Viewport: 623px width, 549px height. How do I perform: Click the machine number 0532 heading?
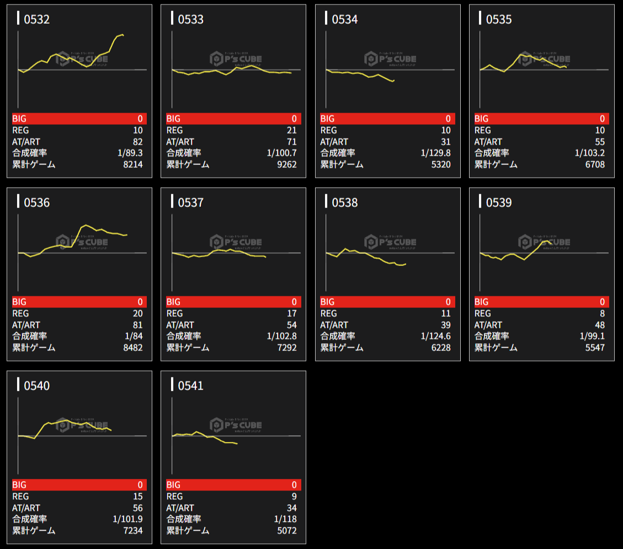click(x=36, y=20)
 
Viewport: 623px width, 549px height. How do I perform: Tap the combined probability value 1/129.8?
click(x=435, y=153)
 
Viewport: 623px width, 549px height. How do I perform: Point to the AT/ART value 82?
click(x=137, y=142)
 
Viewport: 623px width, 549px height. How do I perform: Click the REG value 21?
click(x=291, y=130)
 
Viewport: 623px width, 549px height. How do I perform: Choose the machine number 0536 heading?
click(x=36, y=203)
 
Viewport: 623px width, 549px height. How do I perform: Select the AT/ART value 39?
click(x=445, y=325)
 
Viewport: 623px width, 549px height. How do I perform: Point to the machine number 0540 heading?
click(x=36, y=386)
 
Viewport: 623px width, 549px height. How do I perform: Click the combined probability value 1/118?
click(x=285, y=519)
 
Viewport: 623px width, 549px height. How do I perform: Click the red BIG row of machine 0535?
click(x=541, y=119)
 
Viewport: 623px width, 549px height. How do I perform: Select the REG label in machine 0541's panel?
click(x=174, y=497)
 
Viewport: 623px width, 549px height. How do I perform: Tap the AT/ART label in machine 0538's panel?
click(x=334, y=325)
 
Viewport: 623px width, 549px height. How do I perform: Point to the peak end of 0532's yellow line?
click(x=123, y=35)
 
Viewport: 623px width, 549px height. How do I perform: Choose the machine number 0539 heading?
click(x=499, y=203)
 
